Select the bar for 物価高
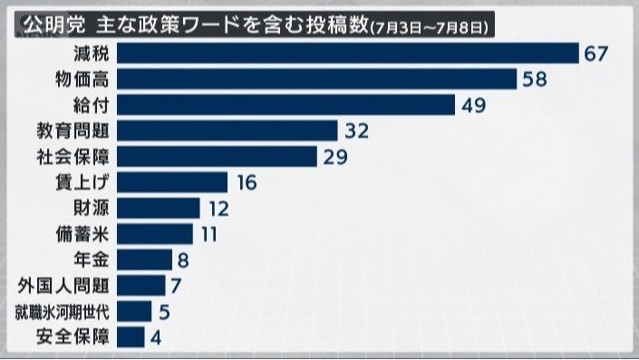click(x=317, y=79)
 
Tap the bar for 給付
click(x=286, y=104)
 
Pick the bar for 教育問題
click(x=228, y=131)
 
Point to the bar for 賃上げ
click(x=172, y=182)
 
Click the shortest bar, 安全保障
click(x=131, y=337)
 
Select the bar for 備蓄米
click(x=155, y=234)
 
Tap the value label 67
click(x=595, y=54)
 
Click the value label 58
click(x=534, y=79)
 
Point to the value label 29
click(x=335, y=157)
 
